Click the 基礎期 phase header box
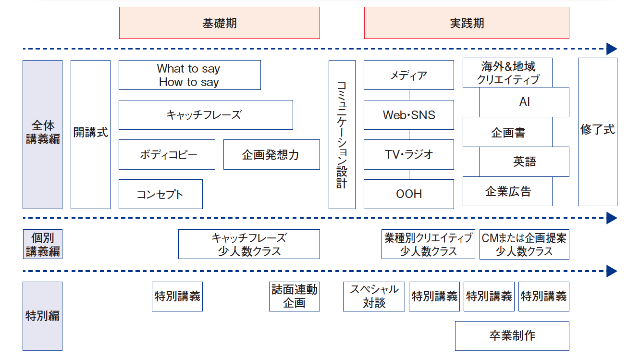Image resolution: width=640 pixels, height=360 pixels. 220,23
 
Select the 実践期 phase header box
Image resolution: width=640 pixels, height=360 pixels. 467,23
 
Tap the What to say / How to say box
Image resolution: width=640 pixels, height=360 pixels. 190,75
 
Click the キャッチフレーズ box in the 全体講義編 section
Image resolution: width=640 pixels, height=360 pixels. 206,115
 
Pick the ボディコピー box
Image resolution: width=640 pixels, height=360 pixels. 167,155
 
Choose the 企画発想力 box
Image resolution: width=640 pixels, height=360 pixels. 271,155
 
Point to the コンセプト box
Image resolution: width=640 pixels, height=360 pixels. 160,194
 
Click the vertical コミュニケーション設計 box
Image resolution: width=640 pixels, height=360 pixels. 342,135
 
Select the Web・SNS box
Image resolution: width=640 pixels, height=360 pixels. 409,115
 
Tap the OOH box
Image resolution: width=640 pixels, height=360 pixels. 409,194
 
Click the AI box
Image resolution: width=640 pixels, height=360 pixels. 524,102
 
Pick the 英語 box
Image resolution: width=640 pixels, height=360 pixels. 524,161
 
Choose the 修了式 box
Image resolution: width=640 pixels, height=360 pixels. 598,132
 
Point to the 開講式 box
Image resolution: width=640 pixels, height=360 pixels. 91,135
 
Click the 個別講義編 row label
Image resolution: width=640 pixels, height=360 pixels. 43,244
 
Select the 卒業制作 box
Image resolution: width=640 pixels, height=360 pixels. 512,336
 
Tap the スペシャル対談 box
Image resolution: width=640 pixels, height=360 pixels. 374,297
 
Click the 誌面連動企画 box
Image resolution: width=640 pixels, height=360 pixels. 294,297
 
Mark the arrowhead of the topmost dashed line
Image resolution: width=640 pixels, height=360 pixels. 612,49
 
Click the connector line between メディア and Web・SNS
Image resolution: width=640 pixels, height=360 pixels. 409,95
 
